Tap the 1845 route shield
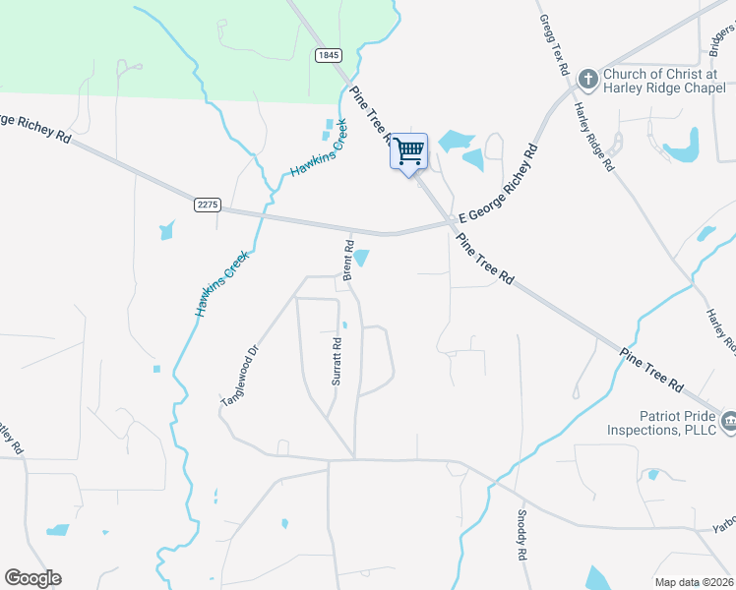tap(329, 56)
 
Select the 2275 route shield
tap(208, 205)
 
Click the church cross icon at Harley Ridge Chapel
tap(587, 78)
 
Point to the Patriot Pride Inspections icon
tap(729, 421)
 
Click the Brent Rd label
tap(348, 261)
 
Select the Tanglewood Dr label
tap(238, 376)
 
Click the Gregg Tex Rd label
tap(554, 45)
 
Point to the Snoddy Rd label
tap(522, 534)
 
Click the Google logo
tap(32, 578)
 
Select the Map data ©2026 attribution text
tap(695, 582)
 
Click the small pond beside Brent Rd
tap(362, 258)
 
